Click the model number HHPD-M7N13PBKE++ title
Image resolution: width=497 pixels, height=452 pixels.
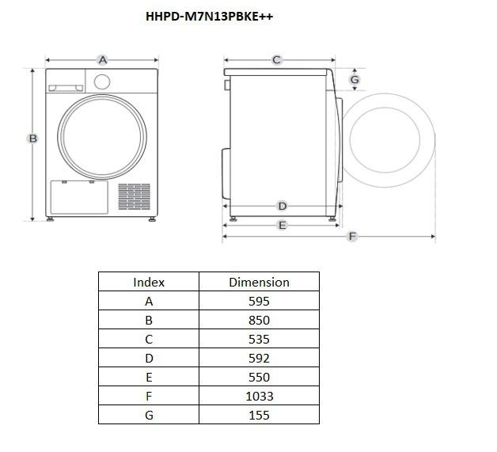point(209,17)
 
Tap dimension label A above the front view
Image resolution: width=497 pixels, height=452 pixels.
point(102,60)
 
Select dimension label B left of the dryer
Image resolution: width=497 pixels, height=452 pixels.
point(33,139)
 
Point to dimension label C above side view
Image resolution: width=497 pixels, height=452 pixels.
point(276,60)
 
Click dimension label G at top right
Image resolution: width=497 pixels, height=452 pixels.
point(355,80)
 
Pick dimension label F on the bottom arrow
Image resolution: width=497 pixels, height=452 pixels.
point(352,236)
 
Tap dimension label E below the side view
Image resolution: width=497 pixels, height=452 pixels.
point(282,226)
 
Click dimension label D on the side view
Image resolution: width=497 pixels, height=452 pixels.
point(282,206)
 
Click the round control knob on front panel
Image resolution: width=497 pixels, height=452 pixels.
point(102,82)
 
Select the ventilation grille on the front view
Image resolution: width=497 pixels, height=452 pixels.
point(135,196)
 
